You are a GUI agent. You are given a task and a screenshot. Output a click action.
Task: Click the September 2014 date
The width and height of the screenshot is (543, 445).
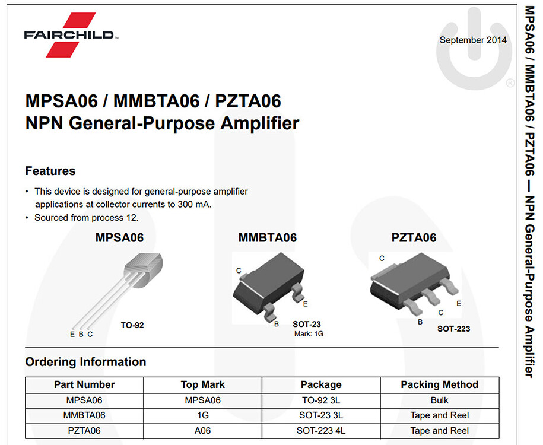pos(473,40)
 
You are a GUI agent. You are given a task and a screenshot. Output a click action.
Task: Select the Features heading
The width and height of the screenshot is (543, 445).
pos(50,171)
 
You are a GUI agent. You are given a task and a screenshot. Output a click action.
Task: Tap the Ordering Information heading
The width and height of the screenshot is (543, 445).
pos(85,362)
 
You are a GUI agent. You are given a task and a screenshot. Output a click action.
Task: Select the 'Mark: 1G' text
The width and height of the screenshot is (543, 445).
pos(309,334)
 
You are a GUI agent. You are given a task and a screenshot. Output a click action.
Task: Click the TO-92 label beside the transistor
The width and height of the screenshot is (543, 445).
pos(132,325)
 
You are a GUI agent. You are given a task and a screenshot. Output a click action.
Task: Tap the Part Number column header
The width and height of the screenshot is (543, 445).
pos(84,384)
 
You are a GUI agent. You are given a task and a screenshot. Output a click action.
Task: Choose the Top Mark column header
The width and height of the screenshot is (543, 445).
pos(202,384)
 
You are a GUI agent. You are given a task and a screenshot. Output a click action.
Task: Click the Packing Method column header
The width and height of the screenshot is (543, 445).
pos(439,384)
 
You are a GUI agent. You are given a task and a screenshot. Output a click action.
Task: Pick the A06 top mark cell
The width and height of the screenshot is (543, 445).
pos(202,431)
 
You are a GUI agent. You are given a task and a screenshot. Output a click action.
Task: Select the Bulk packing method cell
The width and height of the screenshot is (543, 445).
pos(439,401)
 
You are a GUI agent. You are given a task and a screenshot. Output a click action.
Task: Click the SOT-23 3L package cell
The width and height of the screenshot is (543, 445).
pos(320,415)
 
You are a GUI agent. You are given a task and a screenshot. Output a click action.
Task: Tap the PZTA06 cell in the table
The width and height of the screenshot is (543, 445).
pos(84,431)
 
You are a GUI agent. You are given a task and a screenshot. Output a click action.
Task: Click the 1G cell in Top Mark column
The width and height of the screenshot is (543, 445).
pos(202,415)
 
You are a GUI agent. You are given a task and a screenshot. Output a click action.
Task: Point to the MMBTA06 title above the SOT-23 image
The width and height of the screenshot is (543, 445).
pos(267,238)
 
